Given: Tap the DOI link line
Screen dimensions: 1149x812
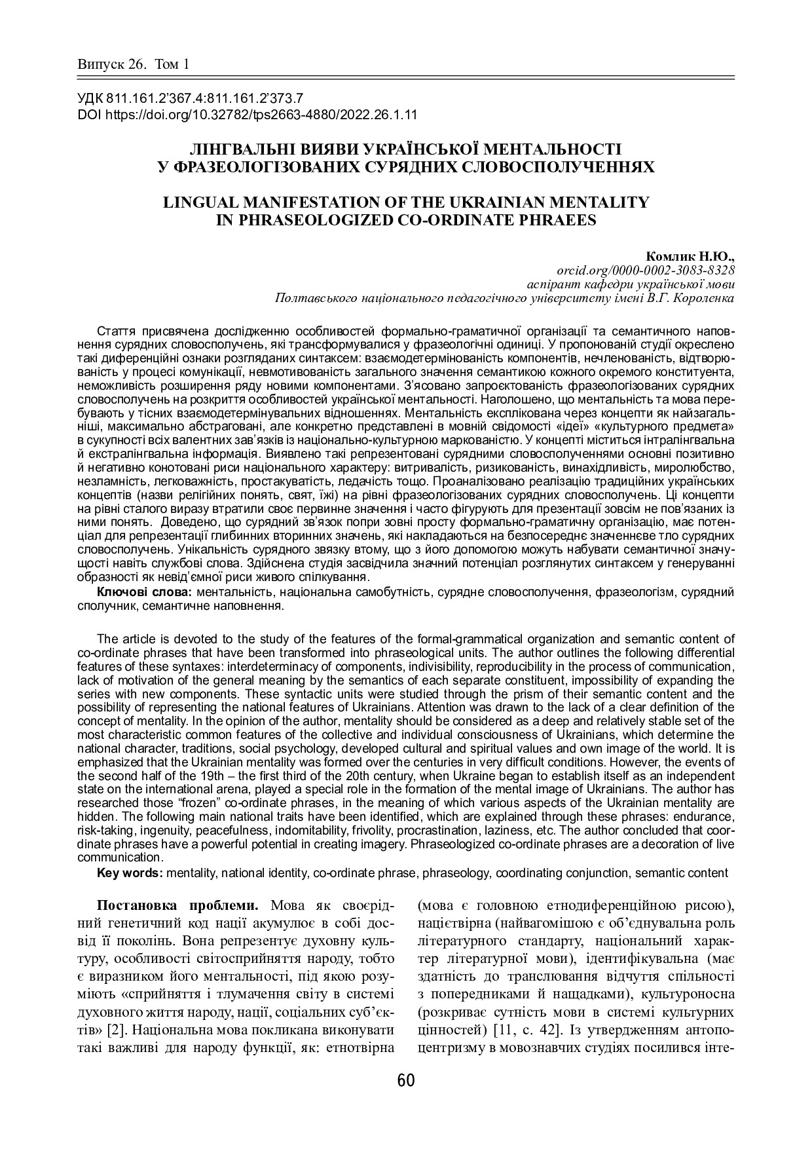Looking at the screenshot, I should click(x=248, y=114).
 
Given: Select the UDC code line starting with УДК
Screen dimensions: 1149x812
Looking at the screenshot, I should click(x=190, y=99).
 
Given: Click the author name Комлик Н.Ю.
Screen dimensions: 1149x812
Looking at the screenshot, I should click(x=690, y=257).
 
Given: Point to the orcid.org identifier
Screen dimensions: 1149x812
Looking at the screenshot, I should click(x=645, y=271).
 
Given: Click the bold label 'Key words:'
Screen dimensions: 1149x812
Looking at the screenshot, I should click(x=130, y=873).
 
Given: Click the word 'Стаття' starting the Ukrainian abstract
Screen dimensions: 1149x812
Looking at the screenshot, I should click(x=114, y=330).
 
